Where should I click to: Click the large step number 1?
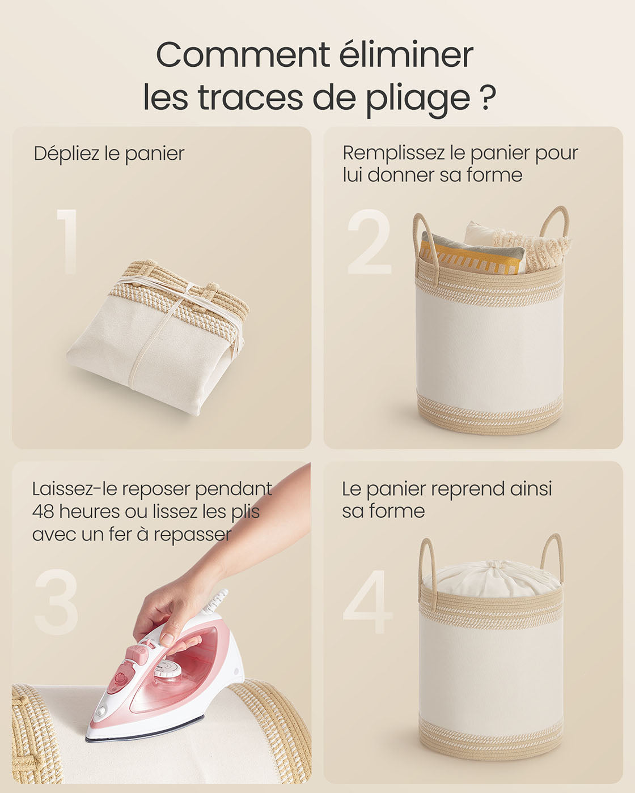tap(67, 241)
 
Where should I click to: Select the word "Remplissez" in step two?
tap(393, 154)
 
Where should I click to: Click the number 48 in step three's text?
tap(43, 511)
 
